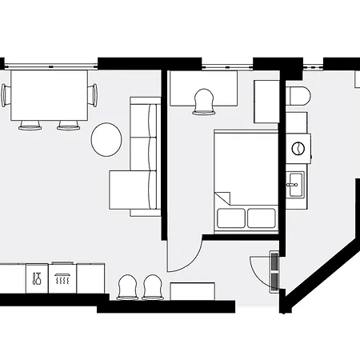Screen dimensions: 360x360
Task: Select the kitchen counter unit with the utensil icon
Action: tap(37, 278)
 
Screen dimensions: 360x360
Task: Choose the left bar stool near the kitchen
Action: tap(127, 286)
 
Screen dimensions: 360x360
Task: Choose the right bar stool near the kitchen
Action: tap(153, 286)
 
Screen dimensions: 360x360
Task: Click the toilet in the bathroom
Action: tap(298, 98)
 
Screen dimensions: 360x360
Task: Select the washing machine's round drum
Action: tap(298, 148)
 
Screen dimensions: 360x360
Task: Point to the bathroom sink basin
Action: tap(294, 184)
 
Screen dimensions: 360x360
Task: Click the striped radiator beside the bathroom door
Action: tap(274, 271)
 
